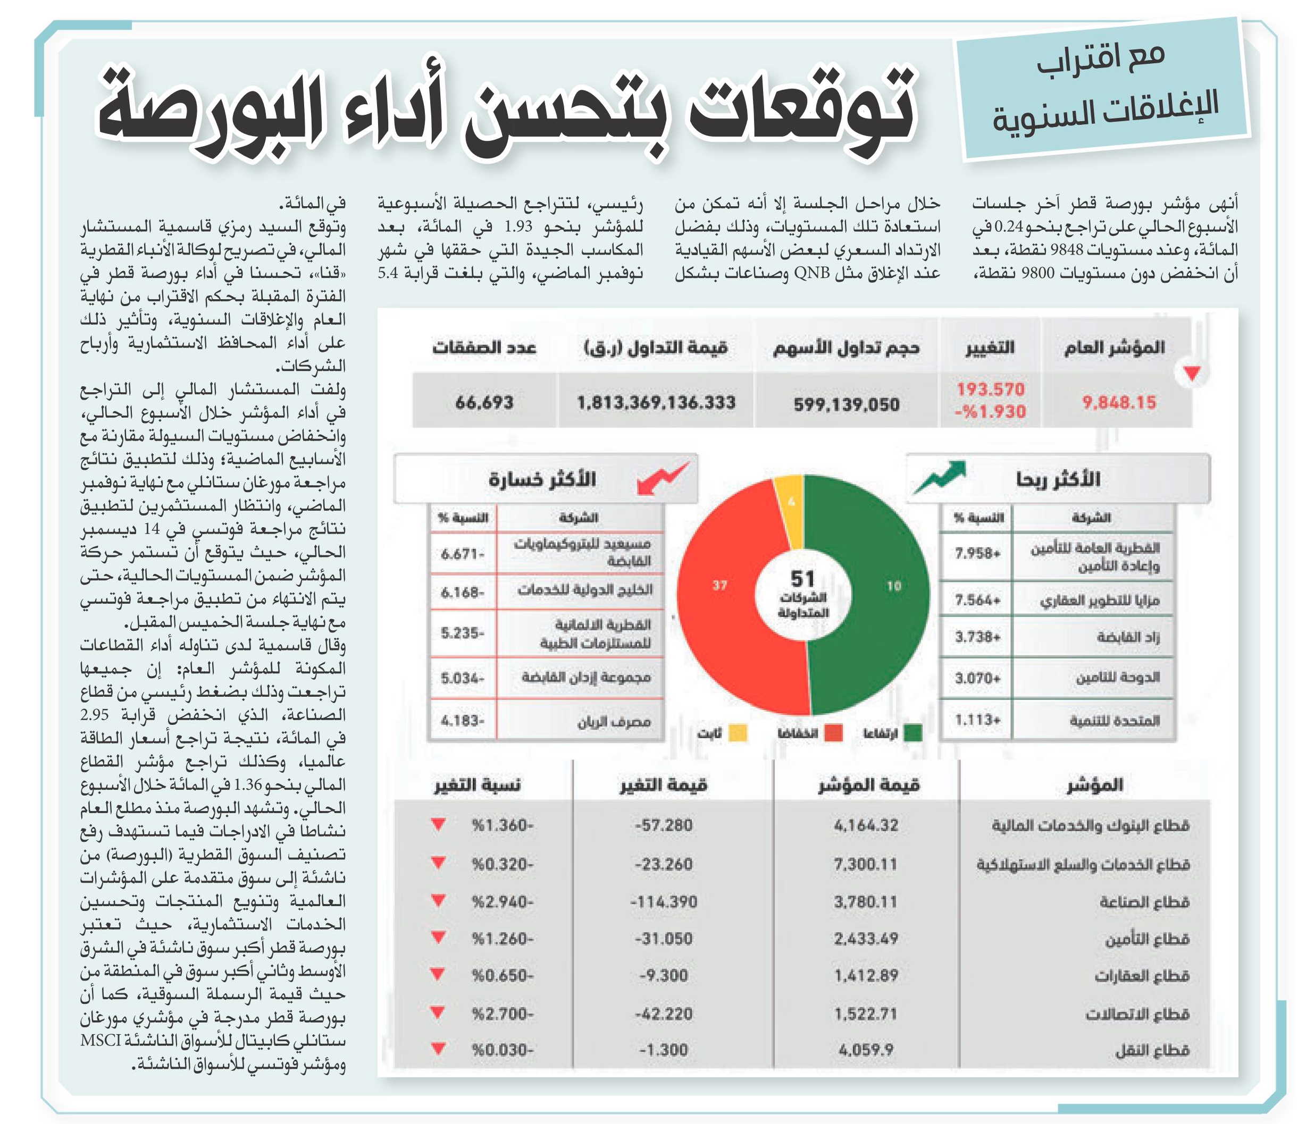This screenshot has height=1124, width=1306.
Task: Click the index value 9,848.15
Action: pos(1119,402)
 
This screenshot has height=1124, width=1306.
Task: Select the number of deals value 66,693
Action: pos(484,402)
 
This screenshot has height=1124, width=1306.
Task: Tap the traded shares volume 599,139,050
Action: pos(846,404)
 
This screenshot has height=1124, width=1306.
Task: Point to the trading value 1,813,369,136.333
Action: pos(656,402)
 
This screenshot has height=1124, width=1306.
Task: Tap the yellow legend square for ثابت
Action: pos(738,733)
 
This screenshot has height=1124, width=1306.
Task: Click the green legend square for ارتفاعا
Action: pos(912,733)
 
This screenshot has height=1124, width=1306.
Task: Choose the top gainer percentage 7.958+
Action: pos(977,553)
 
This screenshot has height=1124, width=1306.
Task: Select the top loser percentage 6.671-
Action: pos(462,554)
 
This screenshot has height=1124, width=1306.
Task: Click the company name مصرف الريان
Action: pos(614,721)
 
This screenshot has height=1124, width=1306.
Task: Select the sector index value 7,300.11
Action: pos(865,864)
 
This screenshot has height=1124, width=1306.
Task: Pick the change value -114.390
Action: pos(664,902)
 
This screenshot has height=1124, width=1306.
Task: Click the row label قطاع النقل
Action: pos(1152,1050)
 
